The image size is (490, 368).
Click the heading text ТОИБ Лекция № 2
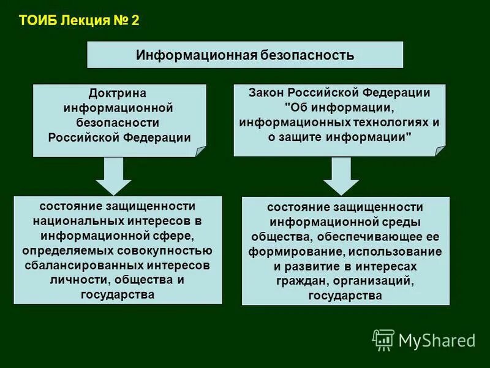click(x=79, y=20)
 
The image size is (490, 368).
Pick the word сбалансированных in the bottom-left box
click(x=84, y=265)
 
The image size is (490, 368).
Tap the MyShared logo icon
click(x=383, y=340)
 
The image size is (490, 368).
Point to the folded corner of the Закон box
click(x=439, y=150)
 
